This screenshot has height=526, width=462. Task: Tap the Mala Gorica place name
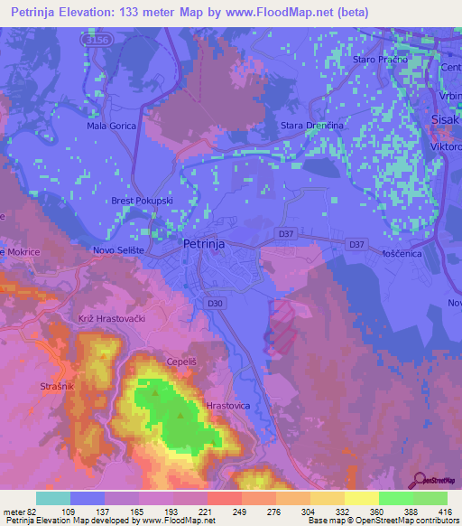coord(111,126)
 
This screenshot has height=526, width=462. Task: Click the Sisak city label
coord(445,117)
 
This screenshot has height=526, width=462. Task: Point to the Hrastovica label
coord(227,407)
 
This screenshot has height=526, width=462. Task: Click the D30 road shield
coord(216,304)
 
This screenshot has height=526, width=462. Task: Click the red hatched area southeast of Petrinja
coord(282,327)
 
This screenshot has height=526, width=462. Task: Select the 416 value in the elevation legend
coord(444,512)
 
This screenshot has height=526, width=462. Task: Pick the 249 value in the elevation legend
coord(241,512)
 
